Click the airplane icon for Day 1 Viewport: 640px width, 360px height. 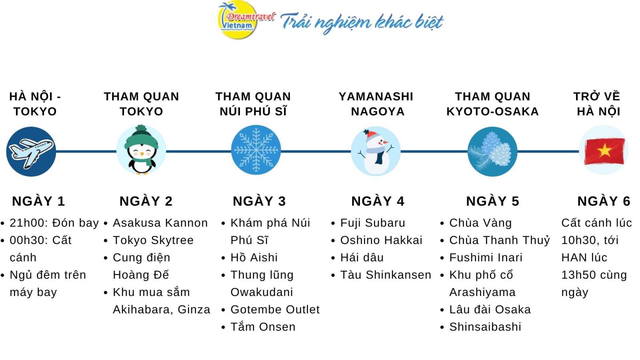click(31, 152)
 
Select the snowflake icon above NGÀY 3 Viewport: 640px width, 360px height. click(256, 150)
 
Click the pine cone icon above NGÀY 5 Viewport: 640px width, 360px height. click(492, 152)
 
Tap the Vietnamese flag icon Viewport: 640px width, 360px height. click(604, 150)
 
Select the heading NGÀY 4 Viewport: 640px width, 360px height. click(378, 201)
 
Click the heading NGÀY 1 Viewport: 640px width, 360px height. click(38, 201)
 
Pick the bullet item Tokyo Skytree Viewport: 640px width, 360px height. click(153, 240)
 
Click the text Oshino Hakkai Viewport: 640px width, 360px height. click(381, 240)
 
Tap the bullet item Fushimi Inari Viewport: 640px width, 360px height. click(486, 258)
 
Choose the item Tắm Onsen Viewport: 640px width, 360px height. click(263, 327)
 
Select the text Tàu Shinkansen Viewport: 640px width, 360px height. click(386, 275)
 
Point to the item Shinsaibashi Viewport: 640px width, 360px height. click(485, 327)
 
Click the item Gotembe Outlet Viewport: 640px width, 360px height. click(275, 310)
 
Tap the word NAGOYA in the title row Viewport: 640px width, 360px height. click(378, 112)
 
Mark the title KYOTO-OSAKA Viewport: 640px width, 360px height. click(492, 112)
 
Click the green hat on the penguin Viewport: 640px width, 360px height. click(142, 137)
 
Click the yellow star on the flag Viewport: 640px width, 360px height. click(604, 150)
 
